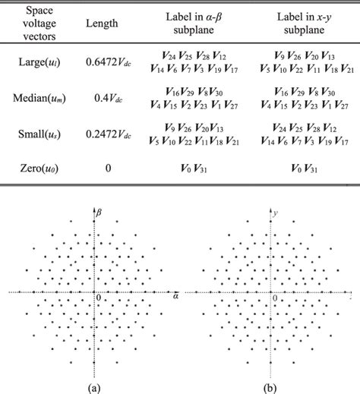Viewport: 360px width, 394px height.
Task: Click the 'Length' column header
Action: pyautogui.click(x=103, y=24)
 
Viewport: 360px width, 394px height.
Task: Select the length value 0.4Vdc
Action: pyautogui.click(x=108, y=99)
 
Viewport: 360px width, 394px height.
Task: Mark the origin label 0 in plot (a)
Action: pyautogui.click(x=97, y=298)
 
